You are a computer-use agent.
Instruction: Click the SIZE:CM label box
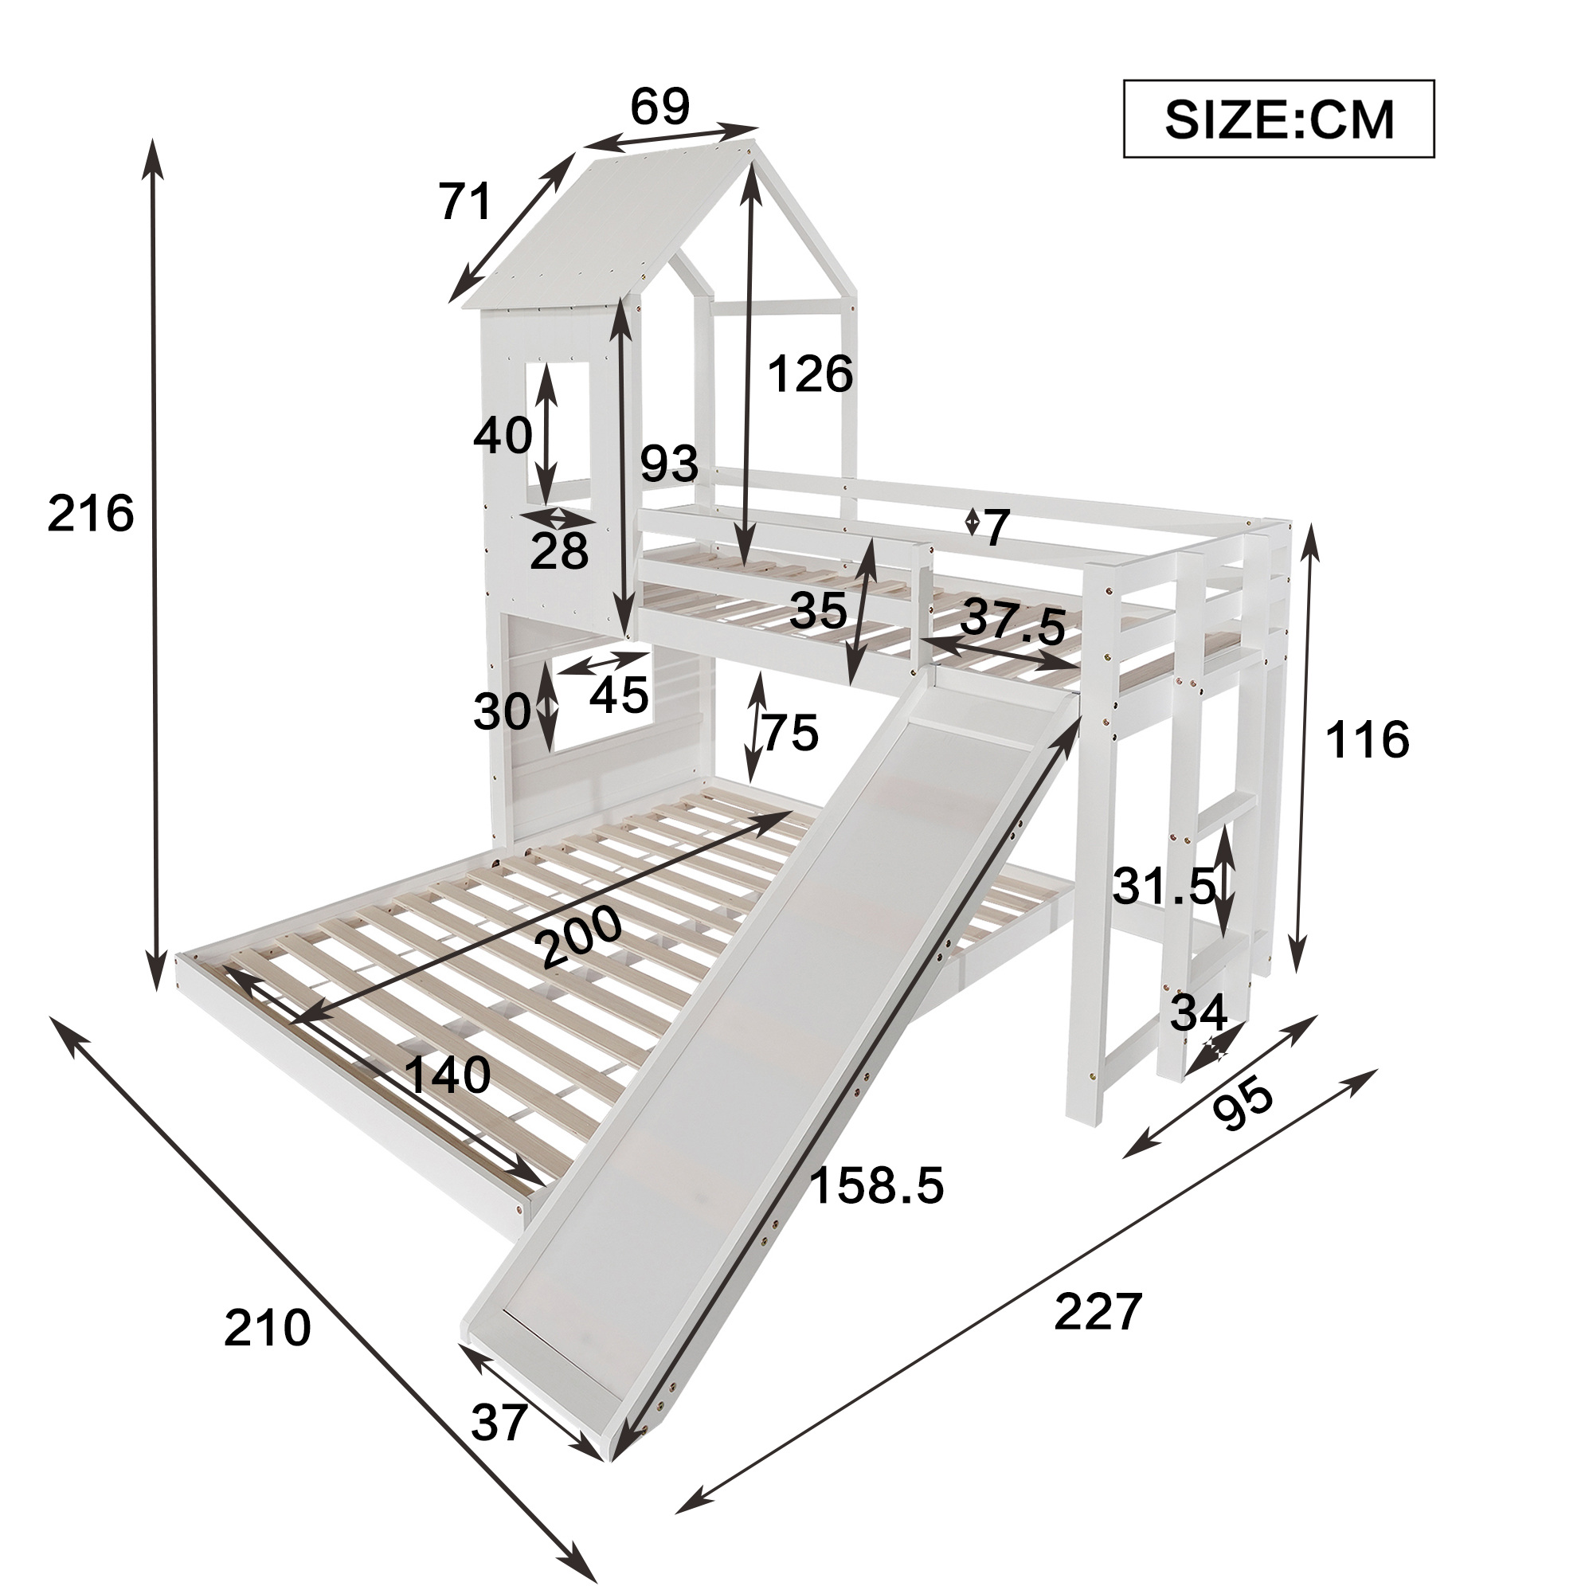[x=1278, y=119]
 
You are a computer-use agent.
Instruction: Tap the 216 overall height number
[x=90, y=515]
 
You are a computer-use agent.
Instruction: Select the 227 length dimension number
[x=1098, y=1312]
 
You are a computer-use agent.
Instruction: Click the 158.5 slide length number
[x=877, y=1185]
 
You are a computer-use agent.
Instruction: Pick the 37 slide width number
[x=499, y=1423]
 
